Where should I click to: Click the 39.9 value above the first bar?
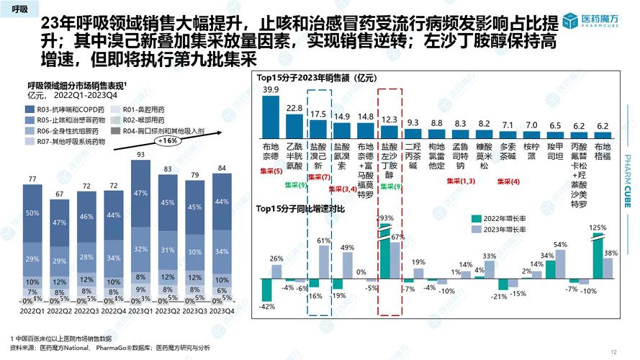tap(271, 90)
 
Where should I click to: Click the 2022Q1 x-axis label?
tap(32, 311)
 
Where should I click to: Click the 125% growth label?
tap(596, 228)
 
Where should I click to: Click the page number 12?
tap(613, 352)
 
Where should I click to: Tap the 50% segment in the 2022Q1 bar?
tap(32, 214)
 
